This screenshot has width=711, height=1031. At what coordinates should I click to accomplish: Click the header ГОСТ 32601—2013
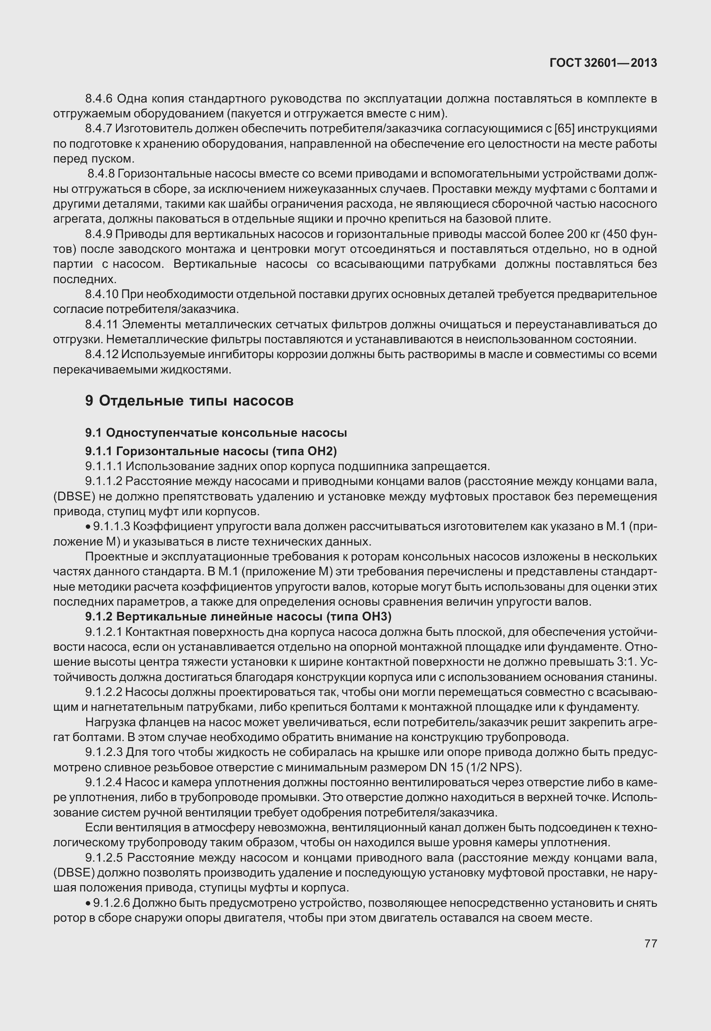603,63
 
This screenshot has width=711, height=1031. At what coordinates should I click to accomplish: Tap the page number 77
650,943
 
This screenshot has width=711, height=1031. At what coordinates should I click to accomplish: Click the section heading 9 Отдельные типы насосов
189,401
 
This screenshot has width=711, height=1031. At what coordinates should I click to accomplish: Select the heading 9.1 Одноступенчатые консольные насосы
216,433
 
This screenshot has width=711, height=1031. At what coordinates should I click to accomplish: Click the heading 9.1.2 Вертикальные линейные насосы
238,616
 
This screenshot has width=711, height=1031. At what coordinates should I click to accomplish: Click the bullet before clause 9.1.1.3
88,527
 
